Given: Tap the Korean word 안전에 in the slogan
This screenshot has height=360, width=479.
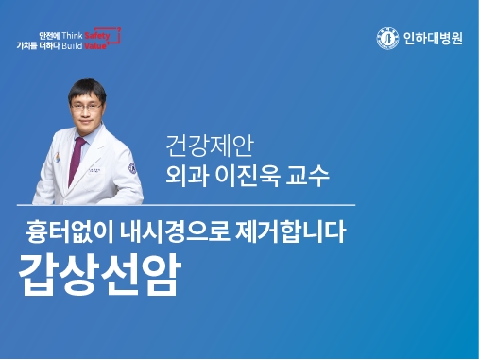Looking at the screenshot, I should tap(47, 34).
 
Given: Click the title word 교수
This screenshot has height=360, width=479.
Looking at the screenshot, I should tap(308, 176).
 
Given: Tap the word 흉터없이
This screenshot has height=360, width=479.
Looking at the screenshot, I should tap(66, 230).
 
